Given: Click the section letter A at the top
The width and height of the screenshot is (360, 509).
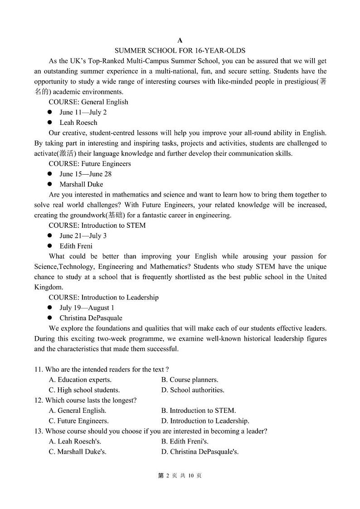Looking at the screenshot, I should (180, 40).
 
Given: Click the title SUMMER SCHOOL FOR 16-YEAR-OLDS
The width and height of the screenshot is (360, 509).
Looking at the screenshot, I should (180, 50).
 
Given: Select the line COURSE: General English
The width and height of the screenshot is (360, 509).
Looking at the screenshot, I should (88, 102).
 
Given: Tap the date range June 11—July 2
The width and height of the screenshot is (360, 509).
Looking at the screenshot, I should (83, 113).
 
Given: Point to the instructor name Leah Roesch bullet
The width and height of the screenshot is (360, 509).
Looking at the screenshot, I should (78, 122).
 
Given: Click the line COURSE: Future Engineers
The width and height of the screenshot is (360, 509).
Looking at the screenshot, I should (90, 164).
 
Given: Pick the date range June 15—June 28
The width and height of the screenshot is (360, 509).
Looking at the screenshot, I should (85, 174).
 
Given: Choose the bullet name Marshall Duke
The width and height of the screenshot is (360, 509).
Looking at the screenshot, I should (81, 184).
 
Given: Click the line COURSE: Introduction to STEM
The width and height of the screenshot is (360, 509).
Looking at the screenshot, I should (97, 225).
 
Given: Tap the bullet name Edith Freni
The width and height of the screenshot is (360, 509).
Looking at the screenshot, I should (76, 246).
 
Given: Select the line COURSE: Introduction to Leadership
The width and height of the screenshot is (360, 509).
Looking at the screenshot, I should (104, 298).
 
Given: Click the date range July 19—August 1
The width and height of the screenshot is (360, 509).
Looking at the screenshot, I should (87, 308).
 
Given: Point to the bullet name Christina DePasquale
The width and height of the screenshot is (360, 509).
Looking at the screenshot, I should (91, 318).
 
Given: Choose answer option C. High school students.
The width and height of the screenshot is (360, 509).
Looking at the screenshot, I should (84, 390).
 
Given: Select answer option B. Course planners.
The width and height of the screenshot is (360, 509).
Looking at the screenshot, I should (190, 380).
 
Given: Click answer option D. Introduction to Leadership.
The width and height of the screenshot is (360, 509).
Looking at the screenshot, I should (205, 421).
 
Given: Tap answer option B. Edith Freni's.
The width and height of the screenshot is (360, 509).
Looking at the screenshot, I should (185, 441).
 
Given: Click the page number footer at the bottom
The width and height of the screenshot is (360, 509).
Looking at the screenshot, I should (180, 475).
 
